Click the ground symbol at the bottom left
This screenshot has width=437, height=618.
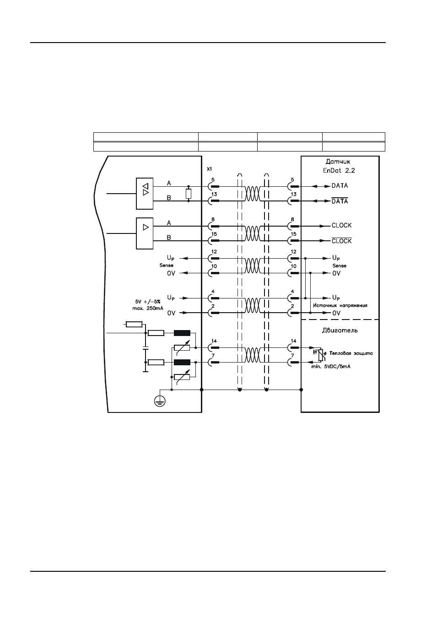tap(160, 401)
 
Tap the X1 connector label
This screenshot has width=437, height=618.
tap(210, 169)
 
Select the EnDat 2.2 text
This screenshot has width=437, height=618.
tap(339, 170)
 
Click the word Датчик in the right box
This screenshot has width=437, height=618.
tap(338, 162)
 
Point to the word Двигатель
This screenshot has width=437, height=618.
tap(340, 330)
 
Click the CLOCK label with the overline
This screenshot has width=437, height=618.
tap(342, 241)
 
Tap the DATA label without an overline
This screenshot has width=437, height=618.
tap(340, 186)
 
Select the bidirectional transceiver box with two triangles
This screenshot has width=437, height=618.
tap(145, 194)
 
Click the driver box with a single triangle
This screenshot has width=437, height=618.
tap(145, 233)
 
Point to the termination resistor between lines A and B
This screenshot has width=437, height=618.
tap(189, 194)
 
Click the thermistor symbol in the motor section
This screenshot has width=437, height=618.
tap(321, 355)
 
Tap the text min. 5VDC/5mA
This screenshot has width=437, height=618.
tap(331, 367)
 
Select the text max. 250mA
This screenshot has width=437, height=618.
tap(148, 308)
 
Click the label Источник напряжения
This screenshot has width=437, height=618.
tap(340, 305)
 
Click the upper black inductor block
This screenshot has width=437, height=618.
tap(182, 333)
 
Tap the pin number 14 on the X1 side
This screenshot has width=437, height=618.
tap(214, 341)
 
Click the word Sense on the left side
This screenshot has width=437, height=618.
tap(166, 266)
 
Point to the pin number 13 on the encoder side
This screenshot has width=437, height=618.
tap(293, 194)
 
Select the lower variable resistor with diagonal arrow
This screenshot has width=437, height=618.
tap(182, 377)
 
